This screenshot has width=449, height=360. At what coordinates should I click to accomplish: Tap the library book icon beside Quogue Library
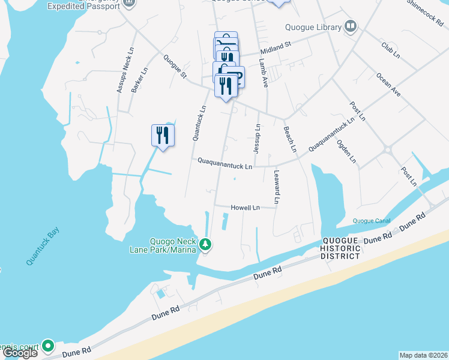pyautogui.click(x=351, y=26)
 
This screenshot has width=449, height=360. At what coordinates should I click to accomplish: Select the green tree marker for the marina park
pyautogui.click(x=205, y=244)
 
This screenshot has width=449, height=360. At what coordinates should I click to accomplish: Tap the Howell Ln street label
pyautogui.click(x=245, y=208)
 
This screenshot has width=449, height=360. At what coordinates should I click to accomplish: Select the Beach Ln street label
pyautogui.click(x=290, y=138)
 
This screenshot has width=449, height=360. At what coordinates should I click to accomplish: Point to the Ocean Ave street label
pyautogui.click(x=388, y=85)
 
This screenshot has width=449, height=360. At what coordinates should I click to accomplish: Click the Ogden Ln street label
pyautogui.click(x=346, y=152)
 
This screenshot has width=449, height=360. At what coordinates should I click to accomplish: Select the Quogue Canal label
pyautogui.click(x=372, y=221)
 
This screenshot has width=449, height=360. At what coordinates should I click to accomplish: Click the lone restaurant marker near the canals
pyautogui.click(x=163, y=135)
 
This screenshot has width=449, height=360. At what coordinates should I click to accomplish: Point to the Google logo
pyautogui.click(x=19, y=352)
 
